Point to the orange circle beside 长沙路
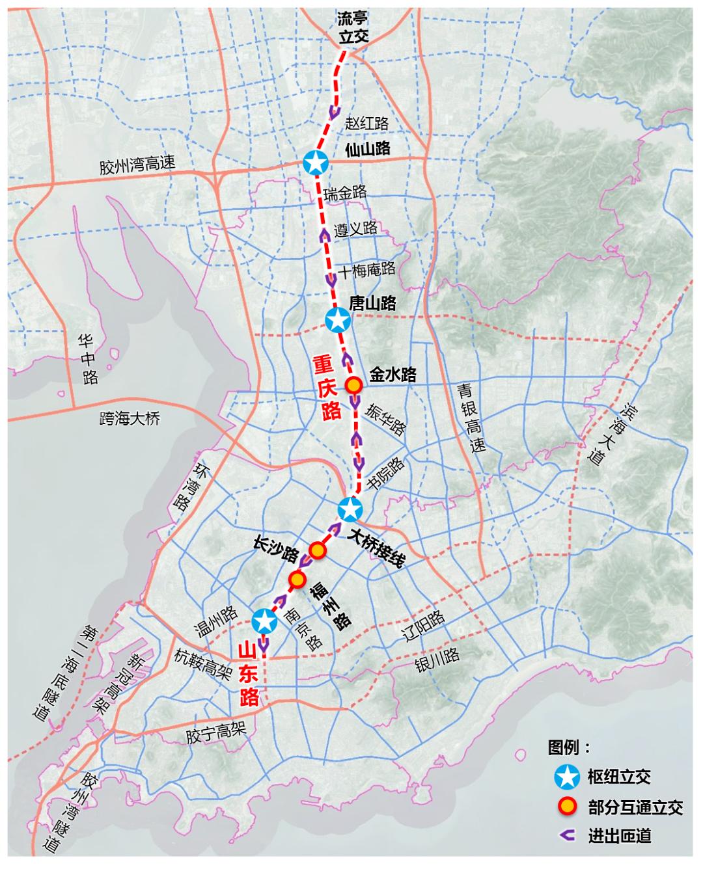coord(317,550)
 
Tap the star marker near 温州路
coord(265,621)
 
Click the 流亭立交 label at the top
coord(353,28)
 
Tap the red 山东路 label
coord(249,673)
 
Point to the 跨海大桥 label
coord(130,418)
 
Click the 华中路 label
coord(87,359)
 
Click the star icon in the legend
coord(566,776)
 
